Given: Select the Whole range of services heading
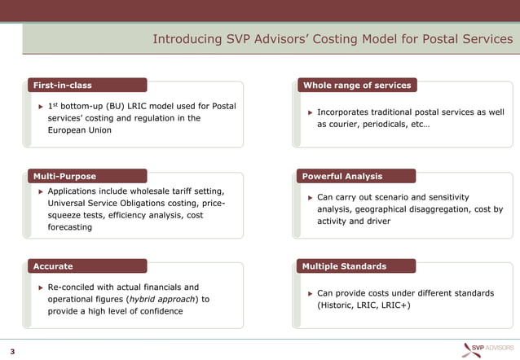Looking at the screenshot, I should (357, 85).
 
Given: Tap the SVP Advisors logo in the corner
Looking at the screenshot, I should (488, 348).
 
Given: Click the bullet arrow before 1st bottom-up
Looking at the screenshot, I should (40, 107).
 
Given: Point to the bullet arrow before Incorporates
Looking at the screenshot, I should (310, 112).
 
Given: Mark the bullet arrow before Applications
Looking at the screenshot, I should (40, 191).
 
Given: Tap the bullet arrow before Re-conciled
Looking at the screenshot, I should (40, 288).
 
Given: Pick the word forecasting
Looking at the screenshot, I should (70, 227).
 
